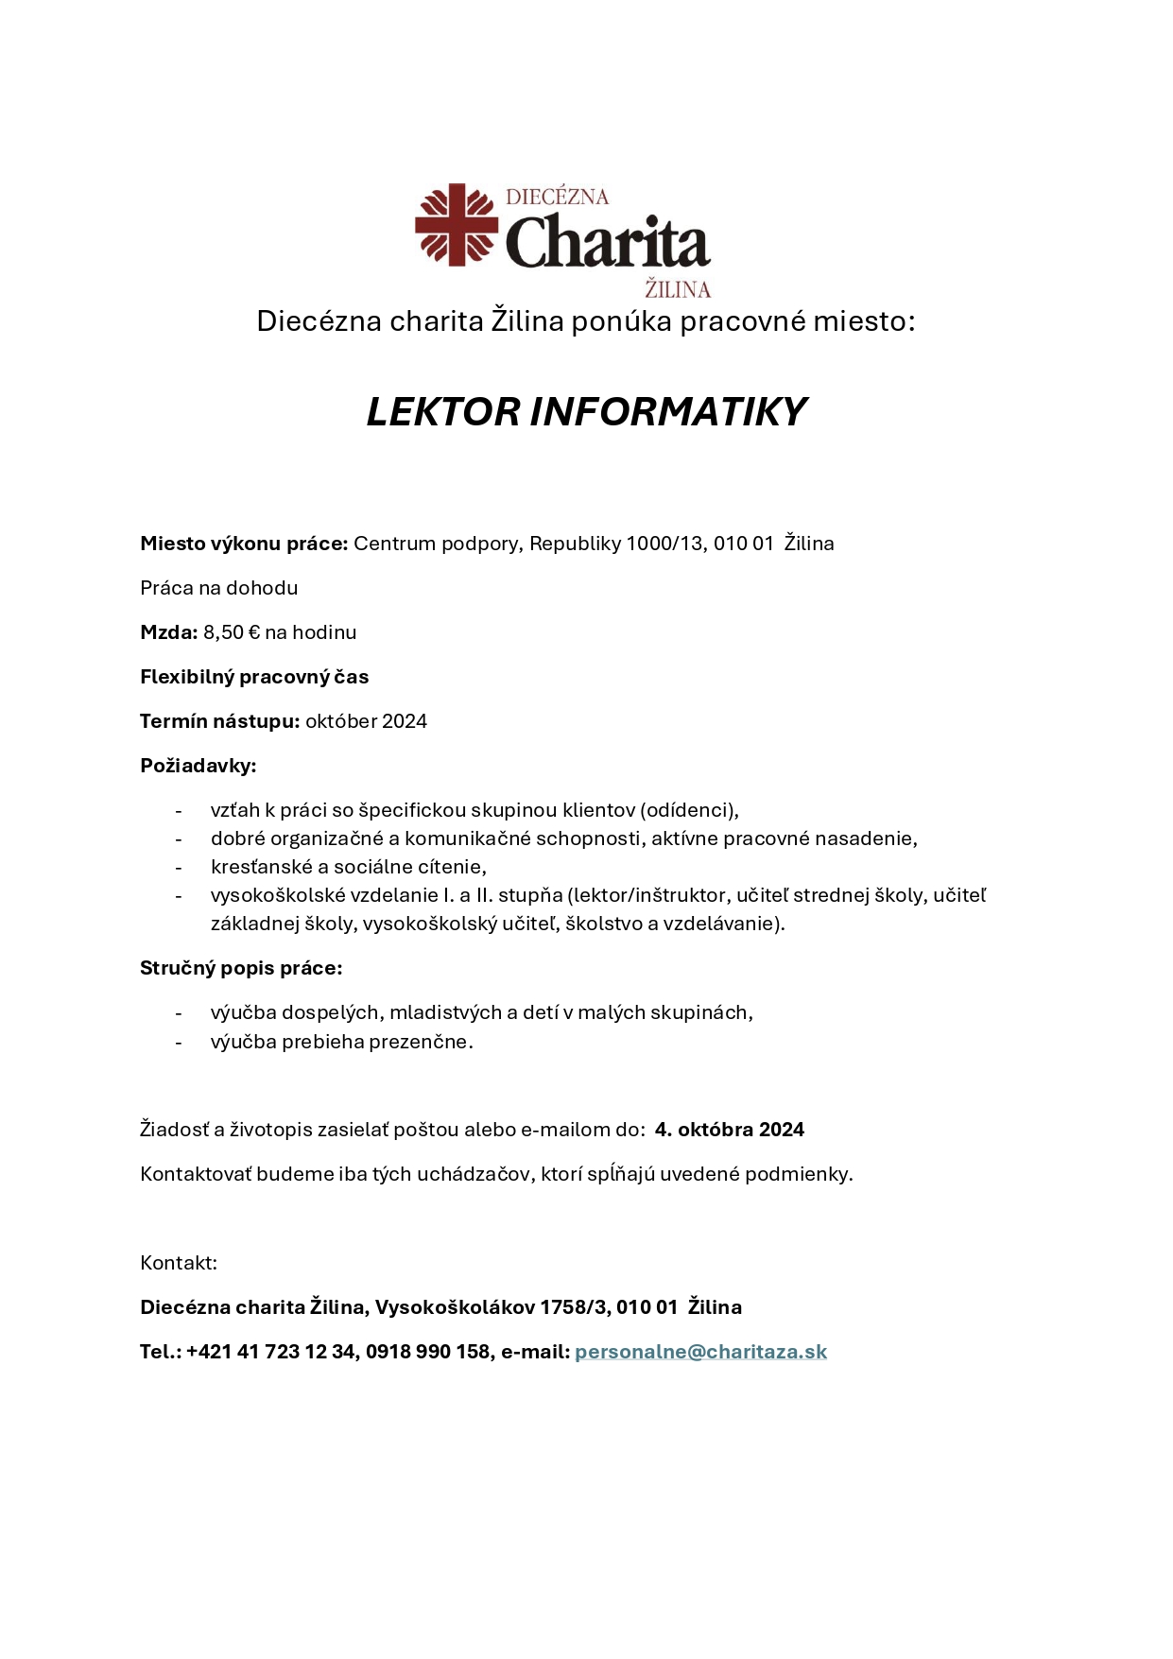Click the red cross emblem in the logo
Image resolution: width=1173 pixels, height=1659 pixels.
pyautogui.click(x=457, y=224)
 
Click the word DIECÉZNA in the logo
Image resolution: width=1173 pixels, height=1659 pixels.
pyautogui.click(x=557, y=197)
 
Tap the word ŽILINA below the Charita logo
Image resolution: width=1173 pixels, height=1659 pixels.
pyautogui.click(x=677, y=288)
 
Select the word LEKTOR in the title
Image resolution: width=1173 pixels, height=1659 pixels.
pyautogui.click(x=443, y=412)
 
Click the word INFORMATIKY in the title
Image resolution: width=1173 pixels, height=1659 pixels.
pyautogui.click(x=668, y=412)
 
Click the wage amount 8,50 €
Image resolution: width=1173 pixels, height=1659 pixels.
pyautogui.click(x=232, y=632)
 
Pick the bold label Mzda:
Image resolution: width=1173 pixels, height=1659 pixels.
pyautogui.click(x=169, y=632)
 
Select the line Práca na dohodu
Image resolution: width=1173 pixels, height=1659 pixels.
pyautogui.click(x=219, y=588)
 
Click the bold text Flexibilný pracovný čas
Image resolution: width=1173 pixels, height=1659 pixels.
pyautogui.click(x=254, y=677)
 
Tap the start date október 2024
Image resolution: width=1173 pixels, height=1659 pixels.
pyautogui.click(x=366, y=721)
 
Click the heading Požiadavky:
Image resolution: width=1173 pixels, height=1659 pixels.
pyautogui.click(x=198, y=766)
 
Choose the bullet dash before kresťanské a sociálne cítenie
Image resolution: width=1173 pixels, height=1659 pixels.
pyautogui.click(x=178, y=868)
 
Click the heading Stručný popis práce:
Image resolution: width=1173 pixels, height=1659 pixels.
pyautogui.click(x=241, y=968)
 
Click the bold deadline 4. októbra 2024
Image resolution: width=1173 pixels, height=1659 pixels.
pyautogui.click(x=729, y=1130)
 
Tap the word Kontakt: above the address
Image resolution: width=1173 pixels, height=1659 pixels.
pyautogui.click(x=179, y=1263)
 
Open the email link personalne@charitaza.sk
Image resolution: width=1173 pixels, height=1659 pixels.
pyautogui.click(x=700, y=1352)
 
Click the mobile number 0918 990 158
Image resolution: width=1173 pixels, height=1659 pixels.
pyautogui.click(x=428, y=1352)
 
